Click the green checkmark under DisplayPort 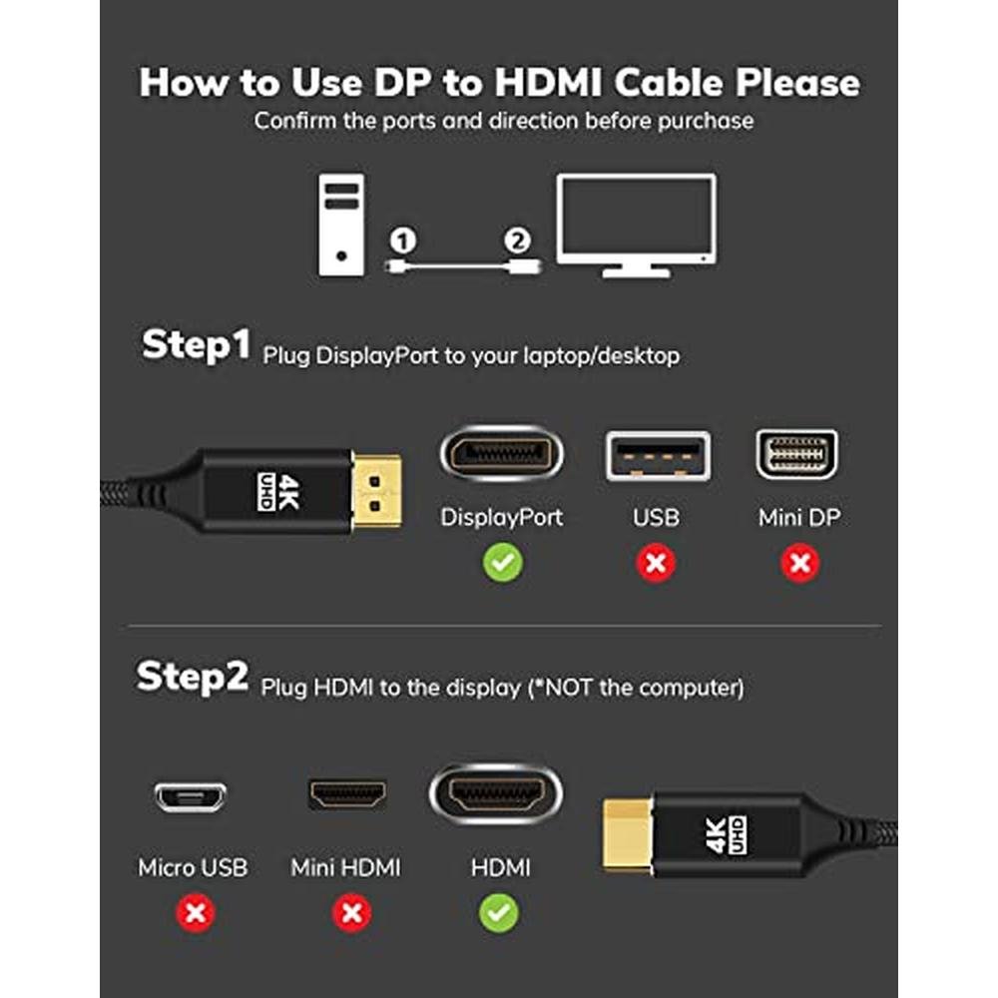(x=503, y=563)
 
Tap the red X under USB (x=657, y=563)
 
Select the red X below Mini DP (x=800, y=563)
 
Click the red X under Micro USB (x=196, y=913)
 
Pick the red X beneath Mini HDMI (x=352, y=913)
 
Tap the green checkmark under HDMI (x=499, y=913)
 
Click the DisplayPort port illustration (x=502, y=454)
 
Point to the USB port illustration (x=658, y=456)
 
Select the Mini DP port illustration (x=796, y=454)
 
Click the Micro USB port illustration (x=191, y=796)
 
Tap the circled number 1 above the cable (x=403, y=241)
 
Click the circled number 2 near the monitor (x=517, y=241)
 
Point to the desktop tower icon (x=341, y=225)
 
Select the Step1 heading (x=196, y=344)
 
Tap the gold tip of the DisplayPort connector (x=377, y=491)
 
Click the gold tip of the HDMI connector (x=628, y=834)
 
